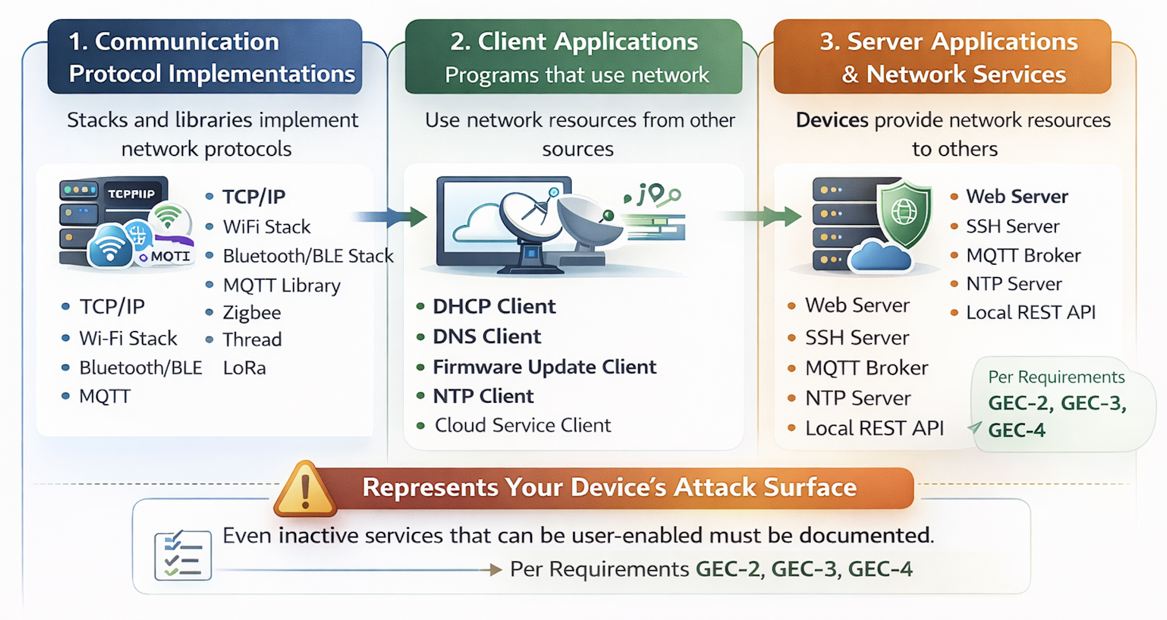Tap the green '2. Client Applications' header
point(574,57)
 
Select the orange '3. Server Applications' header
point(942,57)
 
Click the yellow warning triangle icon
point(305,489)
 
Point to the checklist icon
point(183,555)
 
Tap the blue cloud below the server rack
point(880,255)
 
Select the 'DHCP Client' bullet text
point(494,306)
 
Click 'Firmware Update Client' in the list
point(544,367)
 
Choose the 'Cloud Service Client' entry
point(523,425)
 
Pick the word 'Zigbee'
point(252,313)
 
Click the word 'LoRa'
point(245,368)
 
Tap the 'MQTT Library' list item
point(282,285)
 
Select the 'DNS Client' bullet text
point(487,337)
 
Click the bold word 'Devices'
point(832,120)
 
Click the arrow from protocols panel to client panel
point(390,217)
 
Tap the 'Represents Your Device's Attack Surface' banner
point(609,487)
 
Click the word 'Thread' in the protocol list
point(252,340)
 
